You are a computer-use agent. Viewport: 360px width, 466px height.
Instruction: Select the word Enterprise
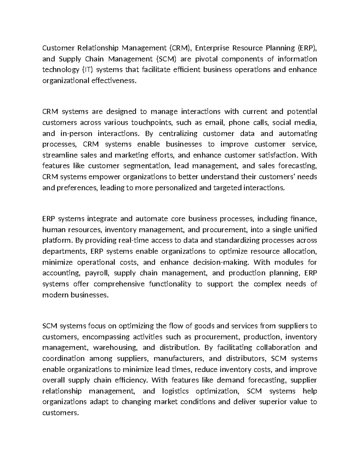tap(211, 48)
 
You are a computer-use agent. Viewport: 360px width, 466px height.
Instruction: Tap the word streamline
tap(59, 155)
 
